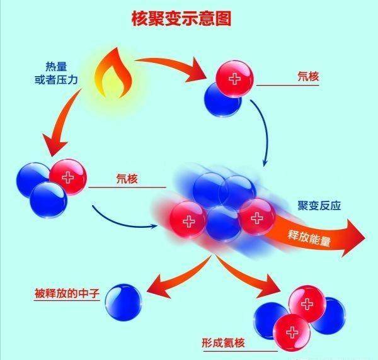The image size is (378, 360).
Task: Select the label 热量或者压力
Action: click(x=57, y=71)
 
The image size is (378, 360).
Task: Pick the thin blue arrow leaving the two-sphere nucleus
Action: click(x=264, y=135)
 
